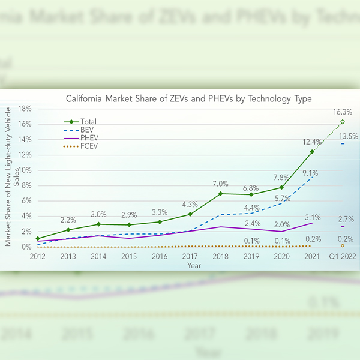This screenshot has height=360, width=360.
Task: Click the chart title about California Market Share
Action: pos(188,98)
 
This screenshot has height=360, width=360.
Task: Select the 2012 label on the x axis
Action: pos(37,256)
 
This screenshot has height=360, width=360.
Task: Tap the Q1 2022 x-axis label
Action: pos(342,256)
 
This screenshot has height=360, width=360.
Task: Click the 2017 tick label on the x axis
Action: pos(190,256)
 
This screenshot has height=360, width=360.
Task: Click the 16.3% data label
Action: pos(342,112)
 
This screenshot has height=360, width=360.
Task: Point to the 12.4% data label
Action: pos(312,142)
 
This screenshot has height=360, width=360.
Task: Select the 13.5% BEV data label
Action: pos(348,136)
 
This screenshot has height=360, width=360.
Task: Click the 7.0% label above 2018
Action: pos(220,184)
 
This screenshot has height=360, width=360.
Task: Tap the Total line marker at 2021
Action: pos(312,152)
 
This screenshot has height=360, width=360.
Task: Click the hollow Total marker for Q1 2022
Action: pos(342,122)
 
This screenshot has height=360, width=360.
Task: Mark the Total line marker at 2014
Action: pos(98,224)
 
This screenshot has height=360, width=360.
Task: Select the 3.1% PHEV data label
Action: pos(312,217)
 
